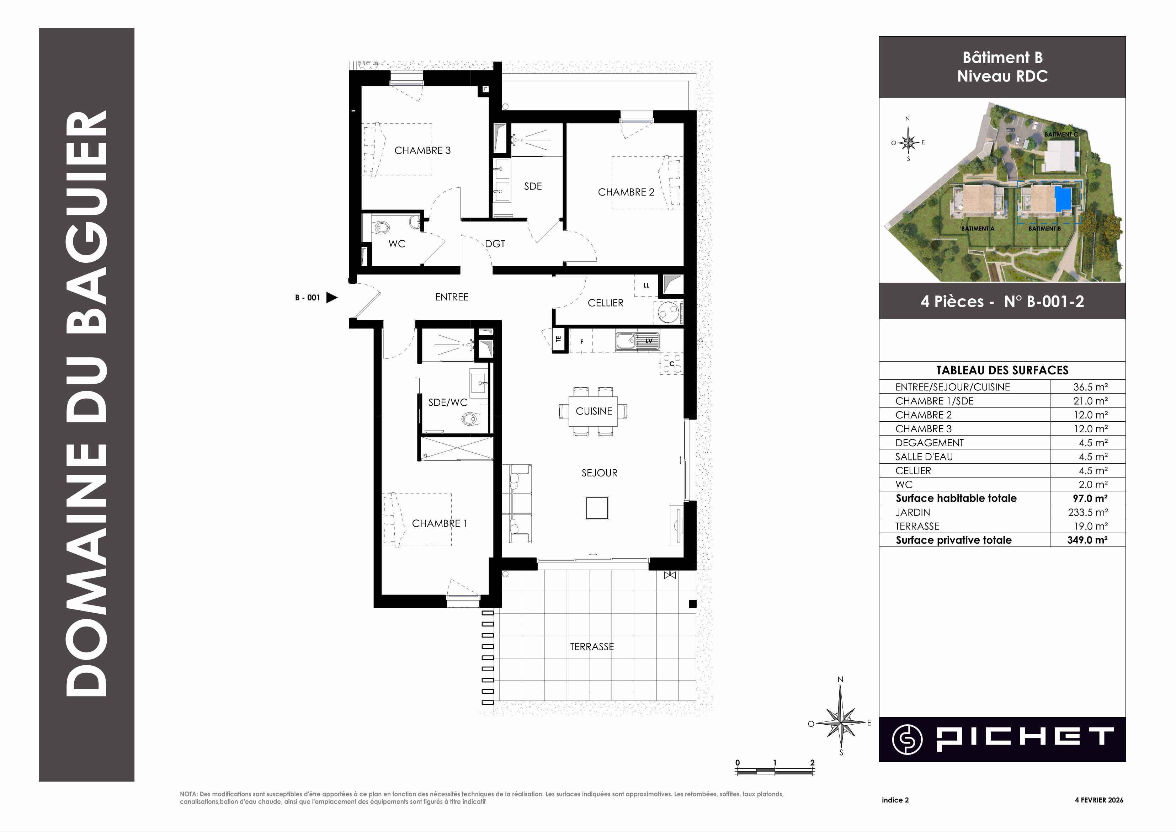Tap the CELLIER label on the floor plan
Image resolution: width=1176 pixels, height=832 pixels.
pos(605,303)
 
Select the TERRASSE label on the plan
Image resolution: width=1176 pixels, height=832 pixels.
pos(592,646)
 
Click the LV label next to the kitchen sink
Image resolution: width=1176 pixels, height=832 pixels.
pos(649,341)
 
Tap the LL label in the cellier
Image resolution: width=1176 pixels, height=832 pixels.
pos(646,286)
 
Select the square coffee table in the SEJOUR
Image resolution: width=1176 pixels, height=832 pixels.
pos(596,508)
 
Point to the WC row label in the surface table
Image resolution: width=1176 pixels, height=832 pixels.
pos(904,484)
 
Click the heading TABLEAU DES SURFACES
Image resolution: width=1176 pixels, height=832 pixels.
pos(1002,370)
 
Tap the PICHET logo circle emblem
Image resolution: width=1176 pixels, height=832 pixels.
pos(907,739)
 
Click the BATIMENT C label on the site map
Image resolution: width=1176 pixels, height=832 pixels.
pos(1061,134)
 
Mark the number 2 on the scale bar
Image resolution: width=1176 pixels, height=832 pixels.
pos(812,762)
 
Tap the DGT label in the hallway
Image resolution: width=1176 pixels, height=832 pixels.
pos(495,244)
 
